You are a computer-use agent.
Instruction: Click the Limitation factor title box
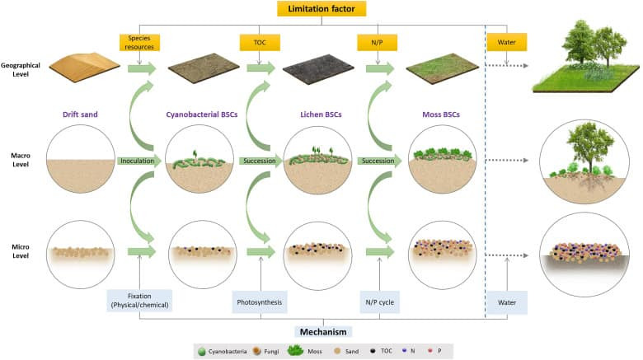pos(321,8)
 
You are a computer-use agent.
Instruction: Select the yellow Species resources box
pos(139,43)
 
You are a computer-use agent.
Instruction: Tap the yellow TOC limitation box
pos(260,42)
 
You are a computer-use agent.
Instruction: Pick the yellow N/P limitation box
pos(377,42)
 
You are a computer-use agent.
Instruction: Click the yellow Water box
pos(506,42)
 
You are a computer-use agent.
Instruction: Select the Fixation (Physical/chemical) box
pos(139,301)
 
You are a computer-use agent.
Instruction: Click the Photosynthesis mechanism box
pos(260,302)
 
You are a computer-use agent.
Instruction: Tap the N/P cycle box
pos(380,302)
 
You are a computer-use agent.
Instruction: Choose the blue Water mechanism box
pos(507,302)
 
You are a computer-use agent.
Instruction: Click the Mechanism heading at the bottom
pos(323,332)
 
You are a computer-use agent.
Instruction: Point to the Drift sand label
pos(80,115)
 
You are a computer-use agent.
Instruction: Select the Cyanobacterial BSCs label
pos(202,115)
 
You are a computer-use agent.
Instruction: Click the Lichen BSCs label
pos(321,115)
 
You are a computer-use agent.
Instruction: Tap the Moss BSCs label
pos(441,115)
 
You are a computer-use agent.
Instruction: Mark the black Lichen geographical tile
pos(318,68)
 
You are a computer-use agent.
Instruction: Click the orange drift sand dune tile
pos(84,67)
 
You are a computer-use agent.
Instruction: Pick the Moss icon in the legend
pos(295,350)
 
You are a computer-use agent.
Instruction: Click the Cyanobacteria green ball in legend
pos(202,352)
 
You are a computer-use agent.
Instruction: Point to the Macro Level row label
pos(21,160)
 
